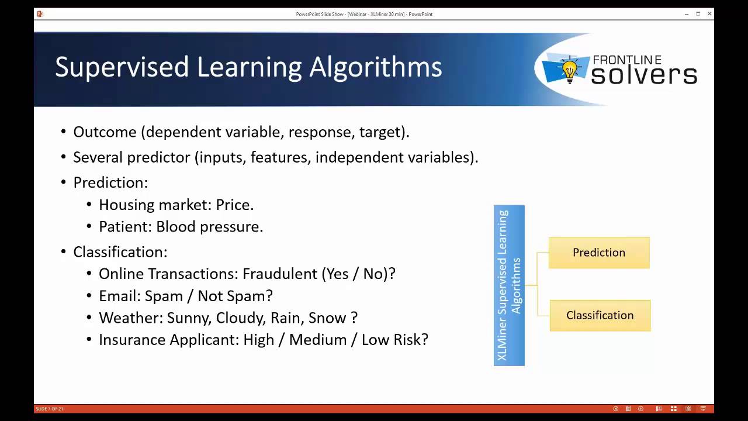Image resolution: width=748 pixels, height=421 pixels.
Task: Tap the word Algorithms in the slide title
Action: [x=375, y=67]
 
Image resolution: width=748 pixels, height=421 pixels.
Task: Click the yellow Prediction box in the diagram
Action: [x=599, y=253]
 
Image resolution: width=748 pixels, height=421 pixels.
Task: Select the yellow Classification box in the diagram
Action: [x=600, y=316]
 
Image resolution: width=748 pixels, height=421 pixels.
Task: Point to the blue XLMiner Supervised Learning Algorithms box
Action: [x=509, y=285]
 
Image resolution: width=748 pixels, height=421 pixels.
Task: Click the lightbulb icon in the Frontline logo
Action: [x=569, y=68]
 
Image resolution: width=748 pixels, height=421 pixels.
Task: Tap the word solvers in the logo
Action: [x=644, y=75]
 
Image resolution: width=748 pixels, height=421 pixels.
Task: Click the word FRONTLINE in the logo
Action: [x=627, y=60]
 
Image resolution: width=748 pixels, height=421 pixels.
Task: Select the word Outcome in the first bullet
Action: [x=105, y=132]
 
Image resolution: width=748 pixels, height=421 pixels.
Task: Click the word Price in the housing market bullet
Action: [x=233, y=205]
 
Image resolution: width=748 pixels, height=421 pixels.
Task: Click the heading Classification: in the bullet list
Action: [x=120, y=252]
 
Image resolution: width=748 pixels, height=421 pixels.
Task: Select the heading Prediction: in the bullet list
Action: [x=110, y=182]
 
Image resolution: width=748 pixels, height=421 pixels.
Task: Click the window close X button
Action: [x=709, y=14]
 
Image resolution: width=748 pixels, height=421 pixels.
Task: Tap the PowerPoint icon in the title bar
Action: [x=40, y=14]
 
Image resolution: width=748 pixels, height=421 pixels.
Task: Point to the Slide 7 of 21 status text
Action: [x=50, y=409]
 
